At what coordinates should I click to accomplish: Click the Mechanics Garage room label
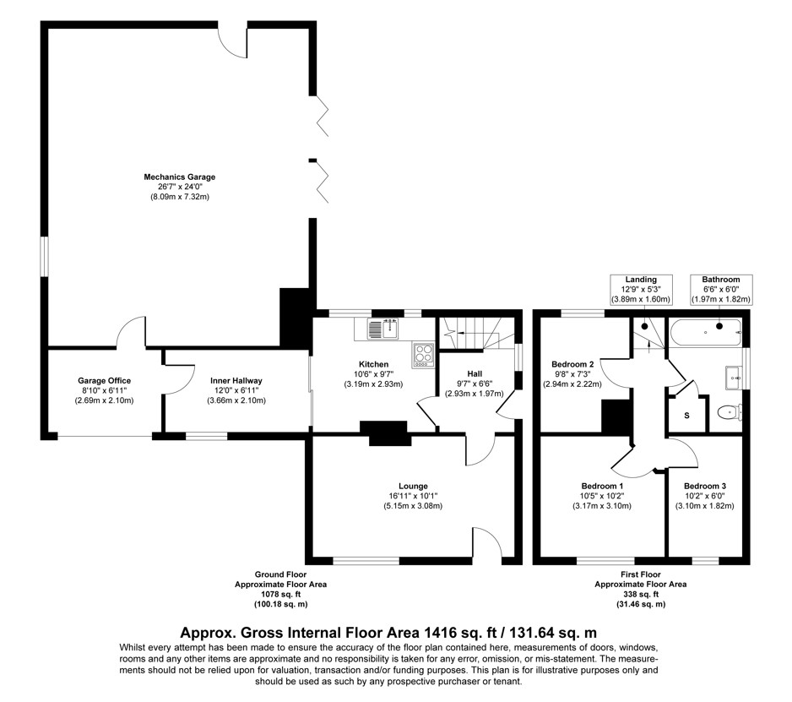[179, 177]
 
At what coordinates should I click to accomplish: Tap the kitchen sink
[383, 329]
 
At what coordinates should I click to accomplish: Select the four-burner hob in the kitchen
[423, 355]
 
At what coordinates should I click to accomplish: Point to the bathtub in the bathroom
[705, 332]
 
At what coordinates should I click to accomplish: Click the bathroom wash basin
[734, 378]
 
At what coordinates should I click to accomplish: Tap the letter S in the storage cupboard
[686, 416]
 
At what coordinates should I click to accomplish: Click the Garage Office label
[104, 380]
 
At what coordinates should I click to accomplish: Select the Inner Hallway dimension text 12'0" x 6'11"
[236, 390]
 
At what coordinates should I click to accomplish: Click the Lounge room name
[413, 487]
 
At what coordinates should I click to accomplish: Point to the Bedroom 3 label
[705, 487]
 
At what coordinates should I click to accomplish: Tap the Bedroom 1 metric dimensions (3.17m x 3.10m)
[601, 506]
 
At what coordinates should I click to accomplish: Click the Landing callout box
[641, 290]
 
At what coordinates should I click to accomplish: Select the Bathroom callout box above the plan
[721, 290]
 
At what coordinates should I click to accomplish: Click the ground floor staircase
[476, 333]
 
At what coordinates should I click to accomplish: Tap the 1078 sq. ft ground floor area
[281, 595]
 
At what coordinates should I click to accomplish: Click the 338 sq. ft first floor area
[641, 595]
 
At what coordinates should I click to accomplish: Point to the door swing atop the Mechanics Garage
[232, 43]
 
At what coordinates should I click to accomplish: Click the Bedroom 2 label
[572, 364]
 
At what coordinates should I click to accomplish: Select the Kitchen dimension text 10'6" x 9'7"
[373, 374]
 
